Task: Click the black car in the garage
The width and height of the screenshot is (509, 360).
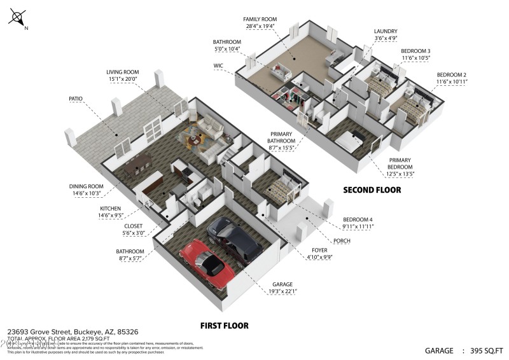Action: [x=234, y=239]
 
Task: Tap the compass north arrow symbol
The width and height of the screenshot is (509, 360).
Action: [x=18, y=17]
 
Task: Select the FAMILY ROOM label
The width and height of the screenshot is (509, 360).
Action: [x=260, y=20]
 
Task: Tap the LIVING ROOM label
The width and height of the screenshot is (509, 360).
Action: [x=122, y=73]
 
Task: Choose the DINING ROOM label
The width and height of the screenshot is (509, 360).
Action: [x=86, y=186]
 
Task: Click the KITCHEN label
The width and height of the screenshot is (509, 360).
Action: [x=110, y=208]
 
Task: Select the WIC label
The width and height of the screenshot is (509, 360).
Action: [x=219, y=65]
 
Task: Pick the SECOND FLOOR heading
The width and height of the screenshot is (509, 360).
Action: [x=372, y=190]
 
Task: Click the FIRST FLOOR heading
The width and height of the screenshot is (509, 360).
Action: [x=224, y=326]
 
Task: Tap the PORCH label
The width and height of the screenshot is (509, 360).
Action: [x=342, y=241]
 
